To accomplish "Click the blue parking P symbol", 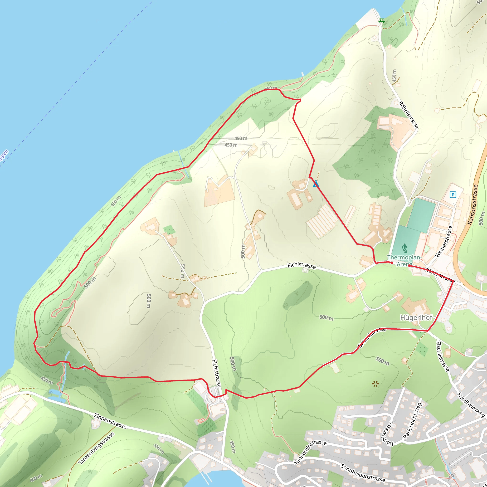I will pos(453,195).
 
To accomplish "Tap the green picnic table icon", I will pos(382,21).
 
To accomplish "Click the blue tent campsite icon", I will pos(316,184).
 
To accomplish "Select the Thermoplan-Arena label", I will pos(404,261).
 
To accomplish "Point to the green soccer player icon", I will pos(404,248).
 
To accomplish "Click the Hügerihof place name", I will pos(416,317).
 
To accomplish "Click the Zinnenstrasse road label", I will pos(110,421).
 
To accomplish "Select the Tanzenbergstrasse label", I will pos(96,448).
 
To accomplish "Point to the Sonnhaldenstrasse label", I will pos(363,473).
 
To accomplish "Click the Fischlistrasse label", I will pos(443,356).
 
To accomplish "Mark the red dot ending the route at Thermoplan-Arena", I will pos(392,263).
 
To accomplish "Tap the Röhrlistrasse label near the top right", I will pos(409,115).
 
